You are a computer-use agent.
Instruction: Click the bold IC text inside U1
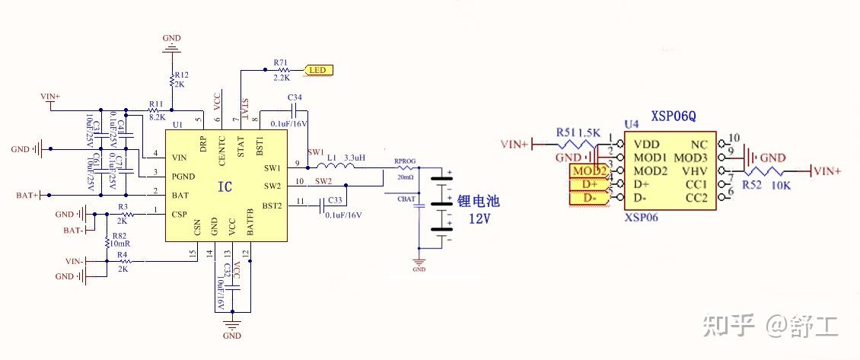point(225,186)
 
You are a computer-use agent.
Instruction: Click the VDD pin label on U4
point(646,144)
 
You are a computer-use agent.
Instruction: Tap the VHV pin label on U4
point(696,170)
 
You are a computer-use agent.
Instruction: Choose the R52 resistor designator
point(751,184)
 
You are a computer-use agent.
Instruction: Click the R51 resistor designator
point(566,132)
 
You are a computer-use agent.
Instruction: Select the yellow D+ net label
point(589,184)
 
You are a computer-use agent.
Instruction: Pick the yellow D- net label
point(589,198)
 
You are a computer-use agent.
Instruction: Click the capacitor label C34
point(295,97)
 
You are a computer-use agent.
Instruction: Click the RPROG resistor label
point(404,161)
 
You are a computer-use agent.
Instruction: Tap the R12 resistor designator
point(181,75)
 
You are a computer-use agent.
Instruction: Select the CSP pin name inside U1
point(180,215)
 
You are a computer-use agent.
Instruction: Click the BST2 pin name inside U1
point(274,205)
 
